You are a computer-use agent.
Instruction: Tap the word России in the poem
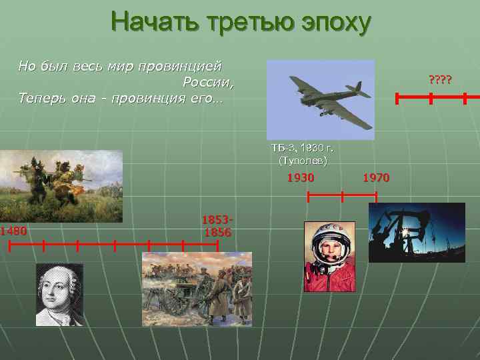coord(208,83)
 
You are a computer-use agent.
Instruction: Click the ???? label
coord(440,81)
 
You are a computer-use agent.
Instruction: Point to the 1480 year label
coord(13,231)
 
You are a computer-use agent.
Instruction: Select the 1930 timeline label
coord(300,178)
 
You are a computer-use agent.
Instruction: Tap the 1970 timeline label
coord(376,178)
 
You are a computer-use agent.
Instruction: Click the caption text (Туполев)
coord(303,161)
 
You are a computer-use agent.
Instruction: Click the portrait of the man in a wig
coord(59,294)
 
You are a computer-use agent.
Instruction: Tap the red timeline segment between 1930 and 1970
coord(342,197)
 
